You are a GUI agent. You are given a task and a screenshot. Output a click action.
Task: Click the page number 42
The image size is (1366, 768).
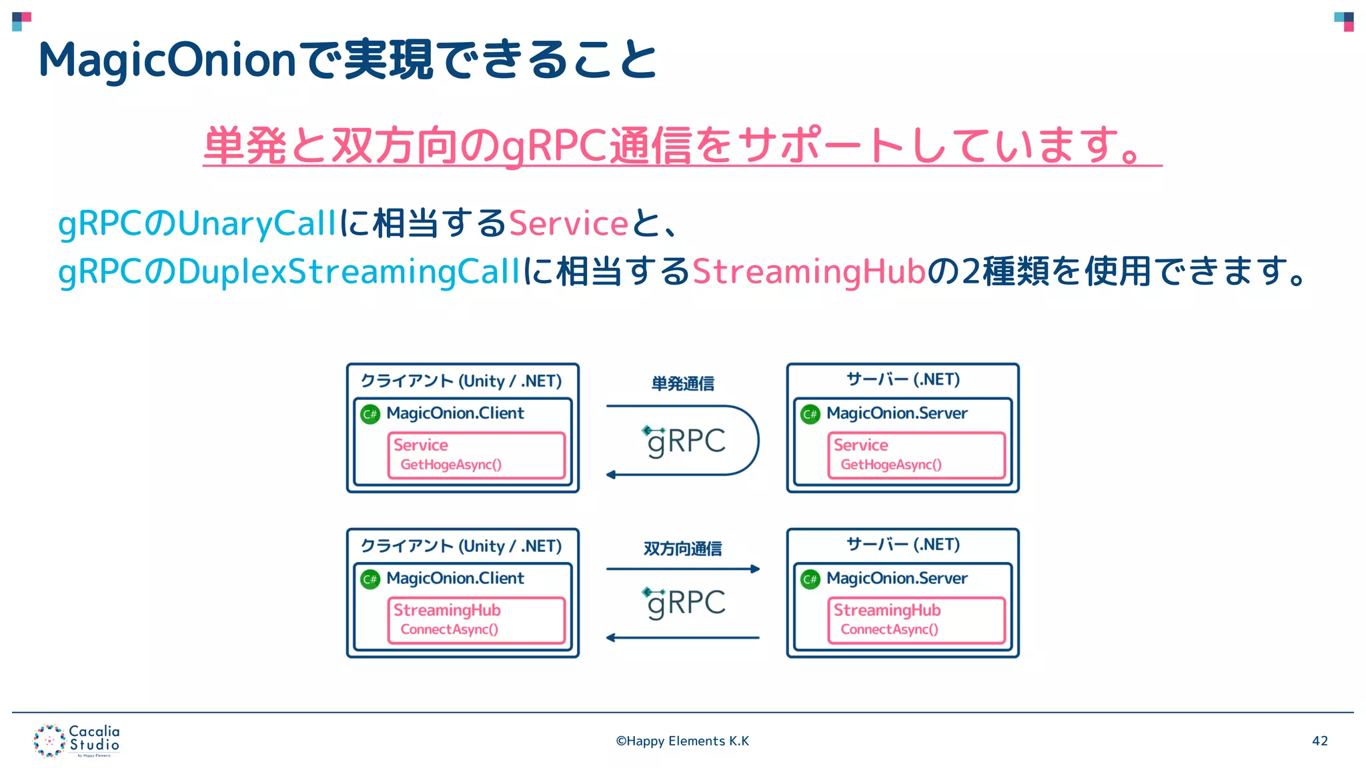point(1319,741)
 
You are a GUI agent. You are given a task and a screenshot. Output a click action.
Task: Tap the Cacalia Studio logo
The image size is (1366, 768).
point(76,741)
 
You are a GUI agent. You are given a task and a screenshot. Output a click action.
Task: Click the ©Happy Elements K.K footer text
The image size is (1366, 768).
point(682,741)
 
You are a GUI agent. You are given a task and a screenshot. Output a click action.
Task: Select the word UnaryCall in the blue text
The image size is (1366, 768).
point(257,223)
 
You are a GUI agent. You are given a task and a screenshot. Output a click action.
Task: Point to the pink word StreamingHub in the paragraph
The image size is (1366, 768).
point(809,271)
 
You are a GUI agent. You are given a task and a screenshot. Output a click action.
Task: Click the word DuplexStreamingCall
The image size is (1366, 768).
point(349,271)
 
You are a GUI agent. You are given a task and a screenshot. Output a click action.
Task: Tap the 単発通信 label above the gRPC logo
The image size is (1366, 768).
point(682,384)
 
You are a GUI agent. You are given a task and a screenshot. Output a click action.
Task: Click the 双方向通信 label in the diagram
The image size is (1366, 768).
point(682,549)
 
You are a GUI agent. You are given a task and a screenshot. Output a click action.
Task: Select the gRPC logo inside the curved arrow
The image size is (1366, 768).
point(685,441)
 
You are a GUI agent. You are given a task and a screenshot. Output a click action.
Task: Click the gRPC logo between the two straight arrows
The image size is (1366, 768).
point(685,603)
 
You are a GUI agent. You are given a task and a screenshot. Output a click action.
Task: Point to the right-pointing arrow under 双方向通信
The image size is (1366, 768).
point(682,569)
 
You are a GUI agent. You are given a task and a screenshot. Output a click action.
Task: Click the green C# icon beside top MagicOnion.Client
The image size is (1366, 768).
point(370,414)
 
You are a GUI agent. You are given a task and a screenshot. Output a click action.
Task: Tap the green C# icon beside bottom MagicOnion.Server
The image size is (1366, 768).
point(810,579)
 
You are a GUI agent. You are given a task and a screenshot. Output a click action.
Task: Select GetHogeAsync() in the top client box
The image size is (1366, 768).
point(451,465)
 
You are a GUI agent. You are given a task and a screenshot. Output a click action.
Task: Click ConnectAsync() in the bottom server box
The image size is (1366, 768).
point(889,629)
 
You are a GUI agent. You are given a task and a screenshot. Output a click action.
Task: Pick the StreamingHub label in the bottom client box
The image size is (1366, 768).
point(447,610)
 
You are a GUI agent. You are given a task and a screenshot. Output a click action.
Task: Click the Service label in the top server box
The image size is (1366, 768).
point(860,445)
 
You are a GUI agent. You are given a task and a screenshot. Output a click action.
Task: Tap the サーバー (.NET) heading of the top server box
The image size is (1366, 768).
point(903,379)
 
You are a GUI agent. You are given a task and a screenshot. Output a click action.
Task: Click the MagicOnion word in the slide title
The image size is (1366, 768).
point(167,60)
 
